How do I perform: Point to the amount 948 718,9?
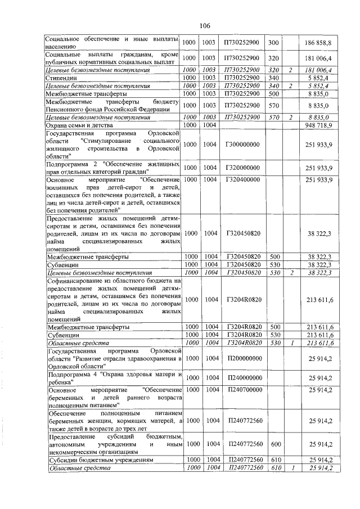click(319, 124)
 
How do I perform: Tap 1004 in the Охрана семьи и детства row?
click(210, 124)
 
